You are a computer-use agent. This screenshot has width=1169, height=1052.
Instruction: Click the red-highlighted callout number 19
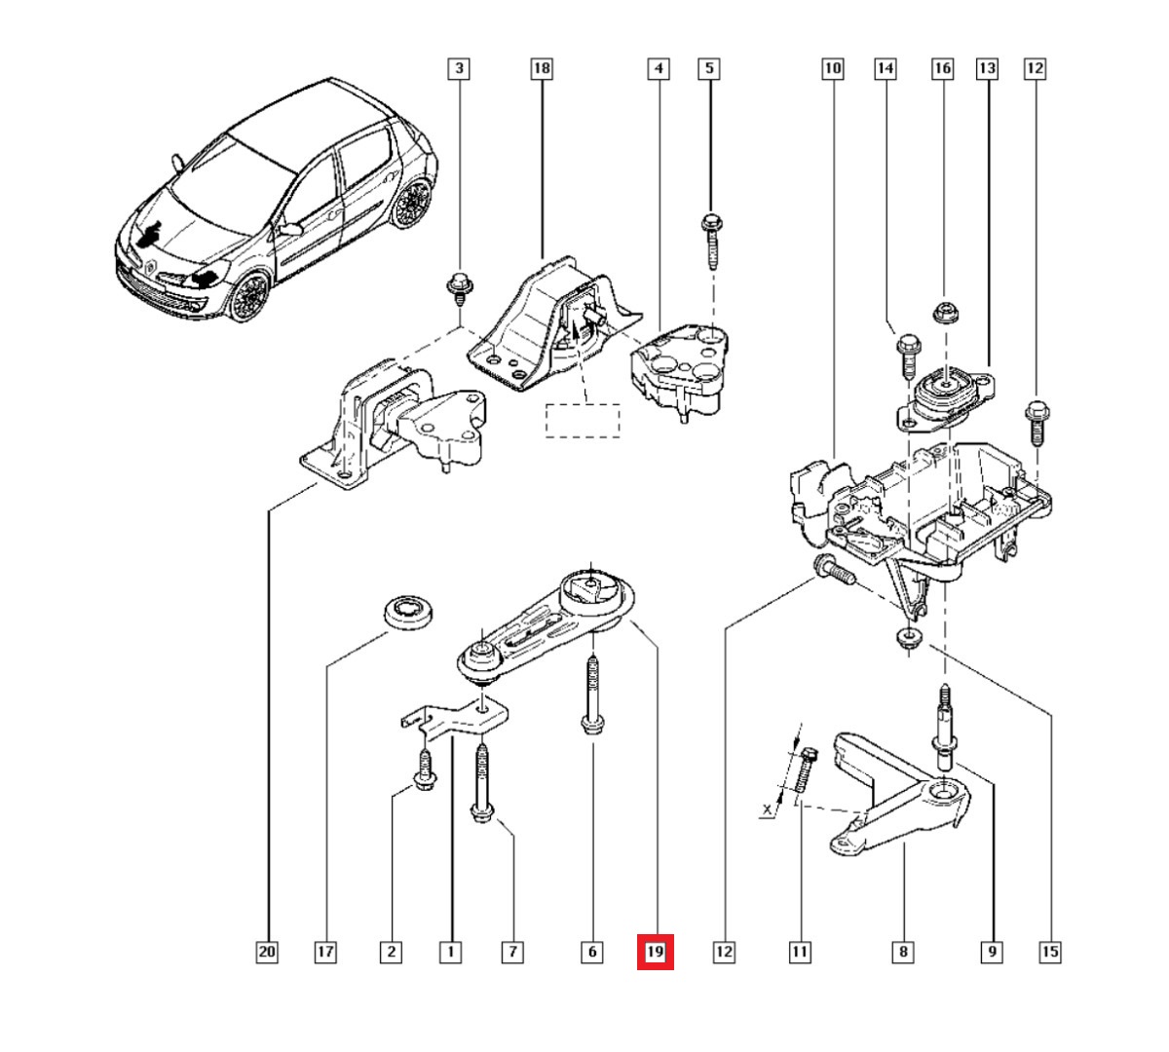pos(655,952)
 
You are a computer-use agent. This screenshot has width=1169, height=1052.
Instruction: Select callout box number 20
pos(267,952)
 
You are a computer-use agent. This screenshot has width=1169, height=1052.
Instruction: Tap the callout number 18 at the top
pos(541,68)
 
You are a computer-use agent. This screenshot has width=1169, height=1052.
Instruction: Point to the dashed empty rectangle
pos(583,421)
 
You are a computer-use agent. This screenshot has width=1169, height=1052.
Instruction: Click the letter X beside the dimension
pos(769,809)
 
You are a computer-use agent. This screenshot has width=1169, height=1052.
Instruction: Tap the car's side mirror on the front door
pos(289,229)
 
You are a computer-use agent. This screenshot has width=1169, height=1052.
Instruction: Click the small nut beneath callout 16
pos(942,313)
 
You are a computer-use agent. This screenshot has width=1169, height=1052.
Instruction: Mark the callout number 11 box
pos(799,952)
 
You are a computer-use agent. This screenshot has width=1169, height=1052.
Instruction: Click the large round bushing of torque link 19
pos(592,591)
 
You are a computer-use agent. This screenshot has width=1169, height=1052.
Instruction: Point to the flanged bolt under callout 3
pos(457,286)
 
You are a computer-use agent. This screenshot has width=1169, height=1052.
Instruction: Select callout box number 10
pos(832,68)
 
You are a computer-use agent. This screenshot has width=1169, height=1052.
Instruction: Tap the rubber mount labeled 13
pos(943,394)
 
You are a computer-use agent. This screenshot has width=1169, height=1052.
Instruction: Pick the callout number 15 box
pos(1049,952)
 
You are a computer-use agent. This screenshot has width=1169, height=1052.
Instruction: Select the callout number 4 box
pos(660,68)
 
